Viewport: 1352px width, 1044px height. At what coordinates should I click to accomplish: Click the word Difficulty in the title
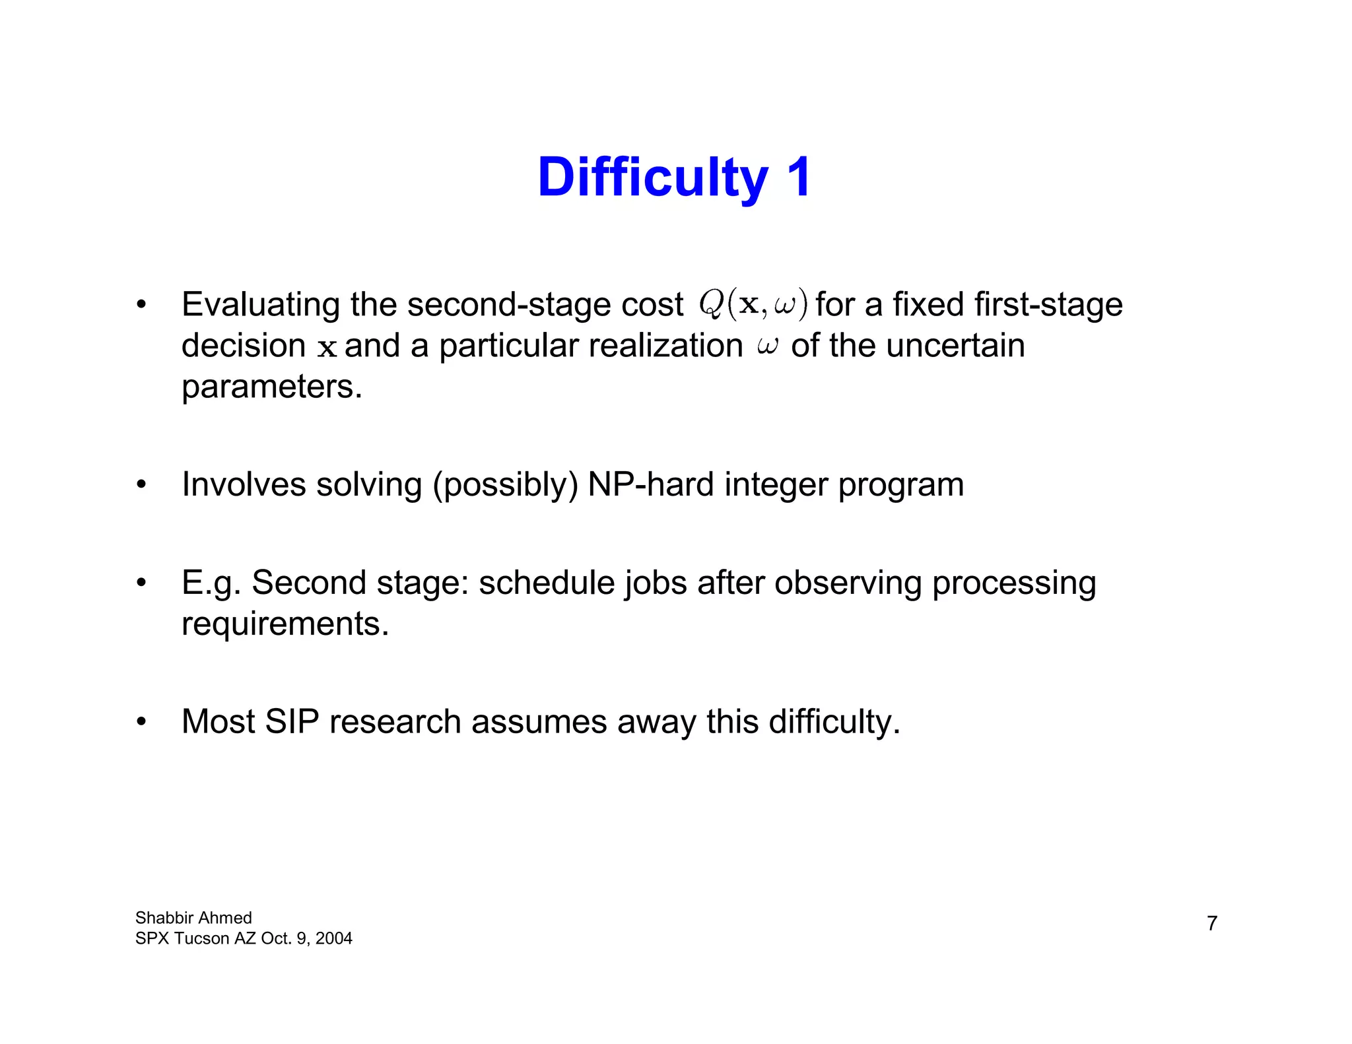tap(652, 178)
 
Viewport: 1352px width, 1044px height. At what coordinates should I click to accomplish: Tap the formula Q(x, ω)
tap(753, 305)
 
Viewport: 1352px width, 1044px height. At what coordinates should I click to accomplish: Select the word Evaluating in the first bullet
tap(261, 306)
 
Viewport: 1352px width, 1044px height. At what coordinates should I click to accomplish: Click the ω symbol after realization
tap(767, 346)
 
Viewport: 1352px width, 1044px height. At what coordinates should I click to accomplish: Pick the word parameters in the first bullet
tap(271, 387)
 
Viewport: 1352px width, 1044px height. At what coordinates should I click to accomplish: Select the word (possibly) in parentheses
tap(505, 486)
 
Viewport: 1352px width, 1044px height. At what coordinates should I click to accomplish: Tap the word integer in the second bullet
tap(776, 486)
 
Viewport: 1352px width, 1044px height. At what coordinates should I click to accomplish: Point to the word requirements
tap(285, 624)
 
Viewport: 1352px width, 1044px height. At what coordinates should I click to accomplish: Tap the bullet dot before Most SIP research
tap(141, 722)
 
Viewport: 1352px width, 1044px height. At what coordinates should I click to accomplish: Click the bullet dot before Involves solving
tap(141, 485)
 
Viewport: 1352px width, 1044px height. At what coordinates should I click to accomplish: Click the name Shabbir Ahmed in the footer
tap(193, 918)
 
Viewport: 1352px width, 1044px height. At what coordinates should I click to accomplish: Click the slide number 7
tap(1212, 923)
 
